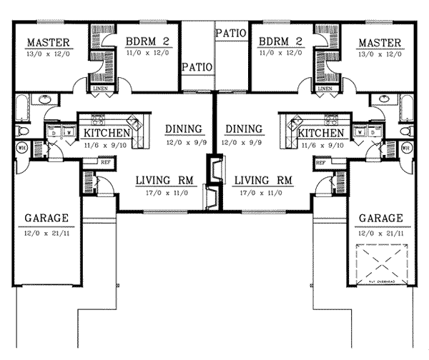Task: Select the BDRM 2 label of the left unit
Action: click(x=143, y=41)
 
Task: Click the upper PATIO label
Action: click(x=230, y=33)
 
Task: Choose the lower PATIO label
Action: click(x=197, y=67)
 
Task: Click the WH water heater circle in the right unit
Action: click(x=405, y=147)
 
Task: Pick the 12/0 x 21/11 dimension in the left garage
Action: click(x=45, y=233)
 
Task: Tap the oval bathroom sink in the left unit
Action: click(x=51, y=112)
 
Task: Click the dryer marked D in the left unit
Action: click(x=53, y=133)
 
